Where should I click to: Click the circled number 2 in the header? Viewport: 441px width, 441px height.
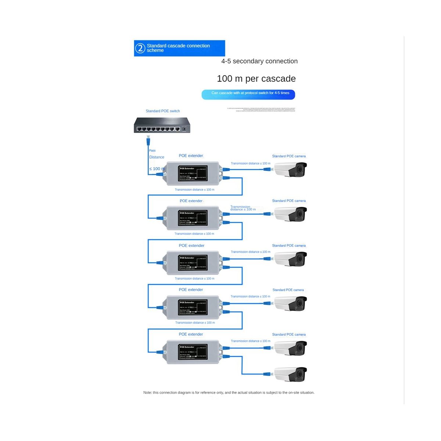click(x=140, y=48)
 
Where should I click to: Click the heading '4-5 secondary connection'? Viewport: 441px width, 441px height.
click(x=259, y=61)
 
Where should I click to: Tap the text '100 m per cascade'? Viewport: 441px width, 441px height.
click(x=256, y=79)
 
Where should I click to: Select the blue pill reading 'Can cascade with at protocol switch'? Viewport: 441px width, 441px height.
click(x=248, y=94)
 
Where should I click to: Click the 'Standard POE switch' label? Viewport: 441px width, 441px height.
click(x=162, y=111)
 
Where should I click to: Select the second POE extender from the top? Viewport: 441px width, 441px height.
click(x=193, y=218)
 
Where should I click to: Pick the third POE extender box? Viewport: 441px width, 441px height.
click(x=193, y=263)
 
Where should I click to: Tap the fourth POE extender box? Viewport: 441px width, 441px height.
click(x=193, y=307)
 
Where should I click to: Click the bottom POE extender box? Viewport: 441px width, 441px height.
click(x=193, y=352)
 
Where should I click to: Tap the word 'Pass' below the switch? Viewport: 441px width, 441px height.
click(x=152, y=151)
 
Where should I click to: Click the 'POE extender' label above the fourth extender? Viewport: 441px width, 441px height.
click(x=191, y=290)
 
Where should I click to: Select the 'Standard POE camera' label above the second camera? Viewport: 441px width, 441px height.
click(x=288, y=201)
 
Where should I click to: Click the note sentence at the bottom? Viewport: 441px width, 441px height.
click(x=229, y=392)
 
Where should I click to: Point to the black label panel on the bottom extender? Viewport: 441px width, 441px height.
click(x=193, y=352)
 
